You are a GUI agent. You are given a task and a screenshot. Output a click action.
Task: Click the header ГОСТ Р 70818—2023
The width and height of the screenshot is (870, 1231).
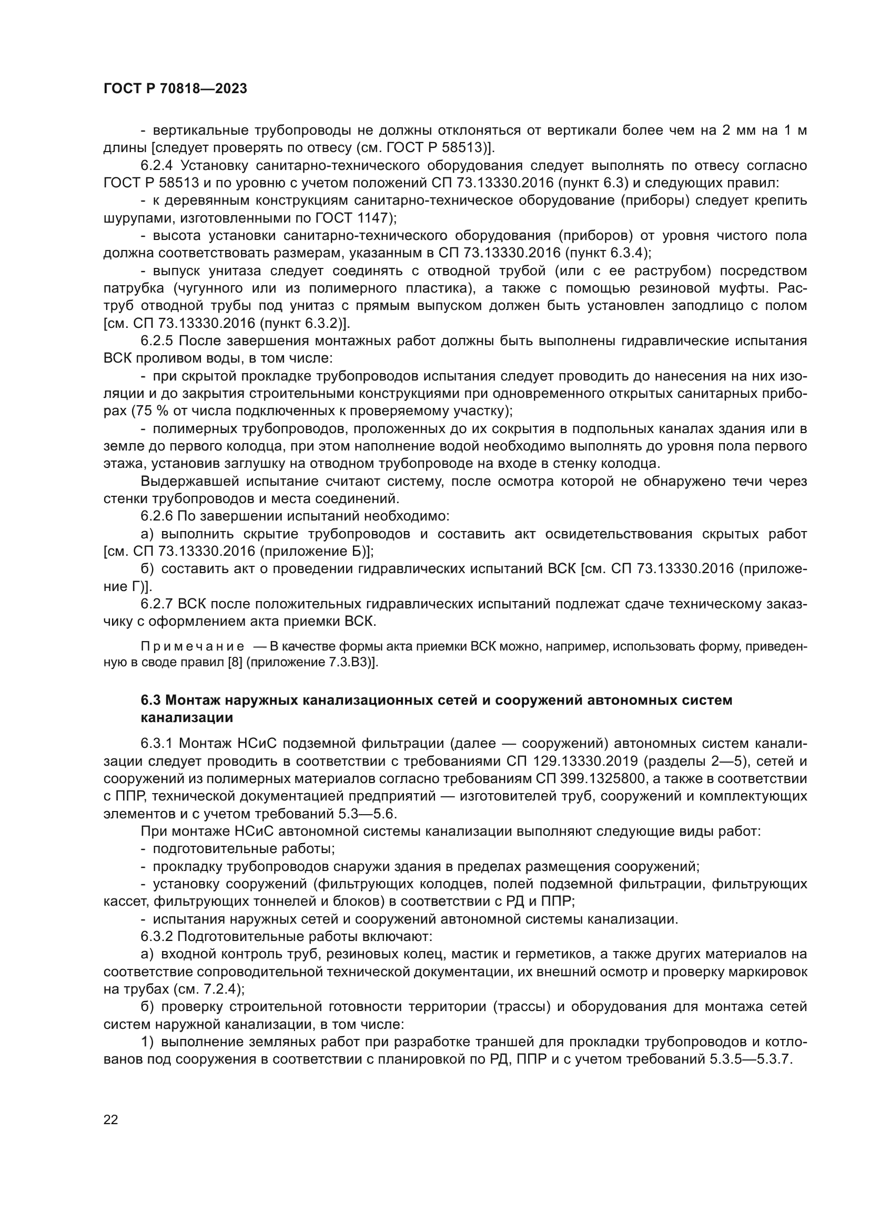[x=175, y=89]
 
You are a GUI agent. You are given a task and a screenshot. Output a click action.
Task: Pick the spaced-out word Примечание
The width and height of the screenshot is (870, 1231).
[x=193, y=647]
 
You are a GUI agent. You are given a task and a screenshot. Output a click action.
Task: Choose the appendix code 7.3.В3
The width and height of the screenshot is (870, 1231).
[x=348, y=662]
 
